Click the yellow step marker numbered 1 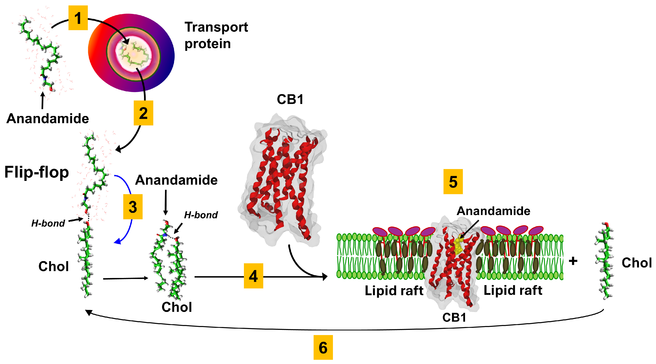tap(78, 18)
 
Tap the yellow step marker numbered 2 tap(143, 113)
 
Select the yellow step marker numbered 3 tap(133, 207)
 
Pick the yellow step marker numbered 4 tap(253, 276)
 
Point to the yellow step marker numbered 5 tap(453, 181)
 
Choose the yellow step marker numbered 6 tap(323, 347)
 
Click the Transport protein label tap(216, 35)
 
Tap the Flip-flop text tap(37, 172)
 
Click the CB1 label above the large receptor tap(290, 99)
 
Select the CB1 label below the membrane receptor tap(454, 317)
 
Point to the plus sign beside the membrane tap(573, 261)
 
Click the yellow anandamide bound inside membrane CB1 tap(458, 246)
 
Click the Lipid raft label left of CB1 tap(394, 290)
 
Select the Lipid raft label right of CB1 tap(513, 290)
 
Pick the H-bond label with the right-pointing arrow tap(48, 223)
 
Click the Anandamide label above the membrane tap(493, 211)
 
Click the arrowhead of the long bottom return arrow tap(88, 312)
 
